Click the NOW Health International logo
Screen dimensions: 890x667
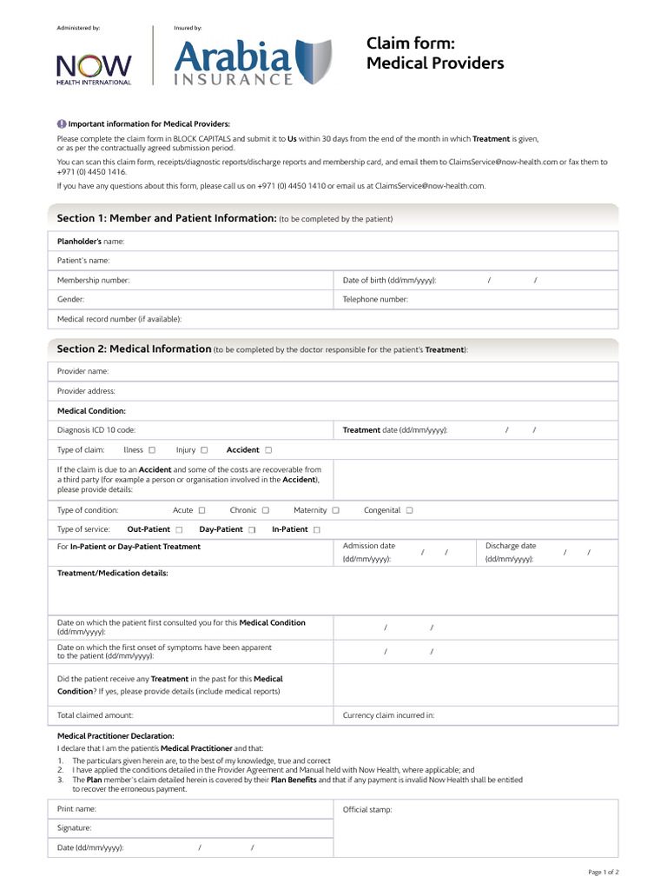[x=94, y=68]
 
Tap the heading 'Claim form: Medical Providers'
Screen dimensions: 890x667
[x=434, y=53]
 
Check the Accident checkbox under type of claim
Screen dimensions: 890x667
[x=268, y=450]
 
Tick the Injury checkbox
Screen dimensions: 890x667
[x=204, y=450]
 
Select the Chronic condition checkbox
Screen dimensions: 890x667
[x=266, y=511]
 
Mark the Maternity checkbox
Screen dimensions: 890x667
[x=335, y=511]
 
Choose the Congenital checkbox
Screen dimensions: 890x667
[x=409, y=511]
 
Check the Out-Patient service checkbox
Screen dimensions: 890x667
[x=179, y=529]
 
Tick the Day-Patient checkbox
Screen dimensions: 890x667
[x=252, y=529]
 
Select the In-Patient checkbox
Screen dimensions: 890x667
[x=316, y=529]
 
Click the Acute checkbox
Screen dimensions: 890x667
[x=201, y=511]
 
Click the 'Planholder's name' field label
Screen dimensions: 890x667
[x=90, y=241]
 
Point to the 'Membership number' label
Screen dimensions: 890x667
[x=93, y=280]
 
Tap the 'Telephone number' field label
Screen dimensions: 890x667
[x=375, y=299]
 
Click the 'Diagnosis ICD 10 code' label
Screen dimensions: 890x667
[x=96, y=430]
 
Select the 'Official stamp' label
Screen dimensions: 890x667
[x=367, y=809]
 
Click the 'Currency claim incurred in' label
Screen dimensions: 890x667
[x=388, y=715]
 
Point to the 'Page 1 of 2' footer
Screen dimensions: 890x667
[x=604, y=872]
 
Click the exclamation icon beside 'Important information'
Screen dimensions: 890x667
[x=62, y=123]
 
